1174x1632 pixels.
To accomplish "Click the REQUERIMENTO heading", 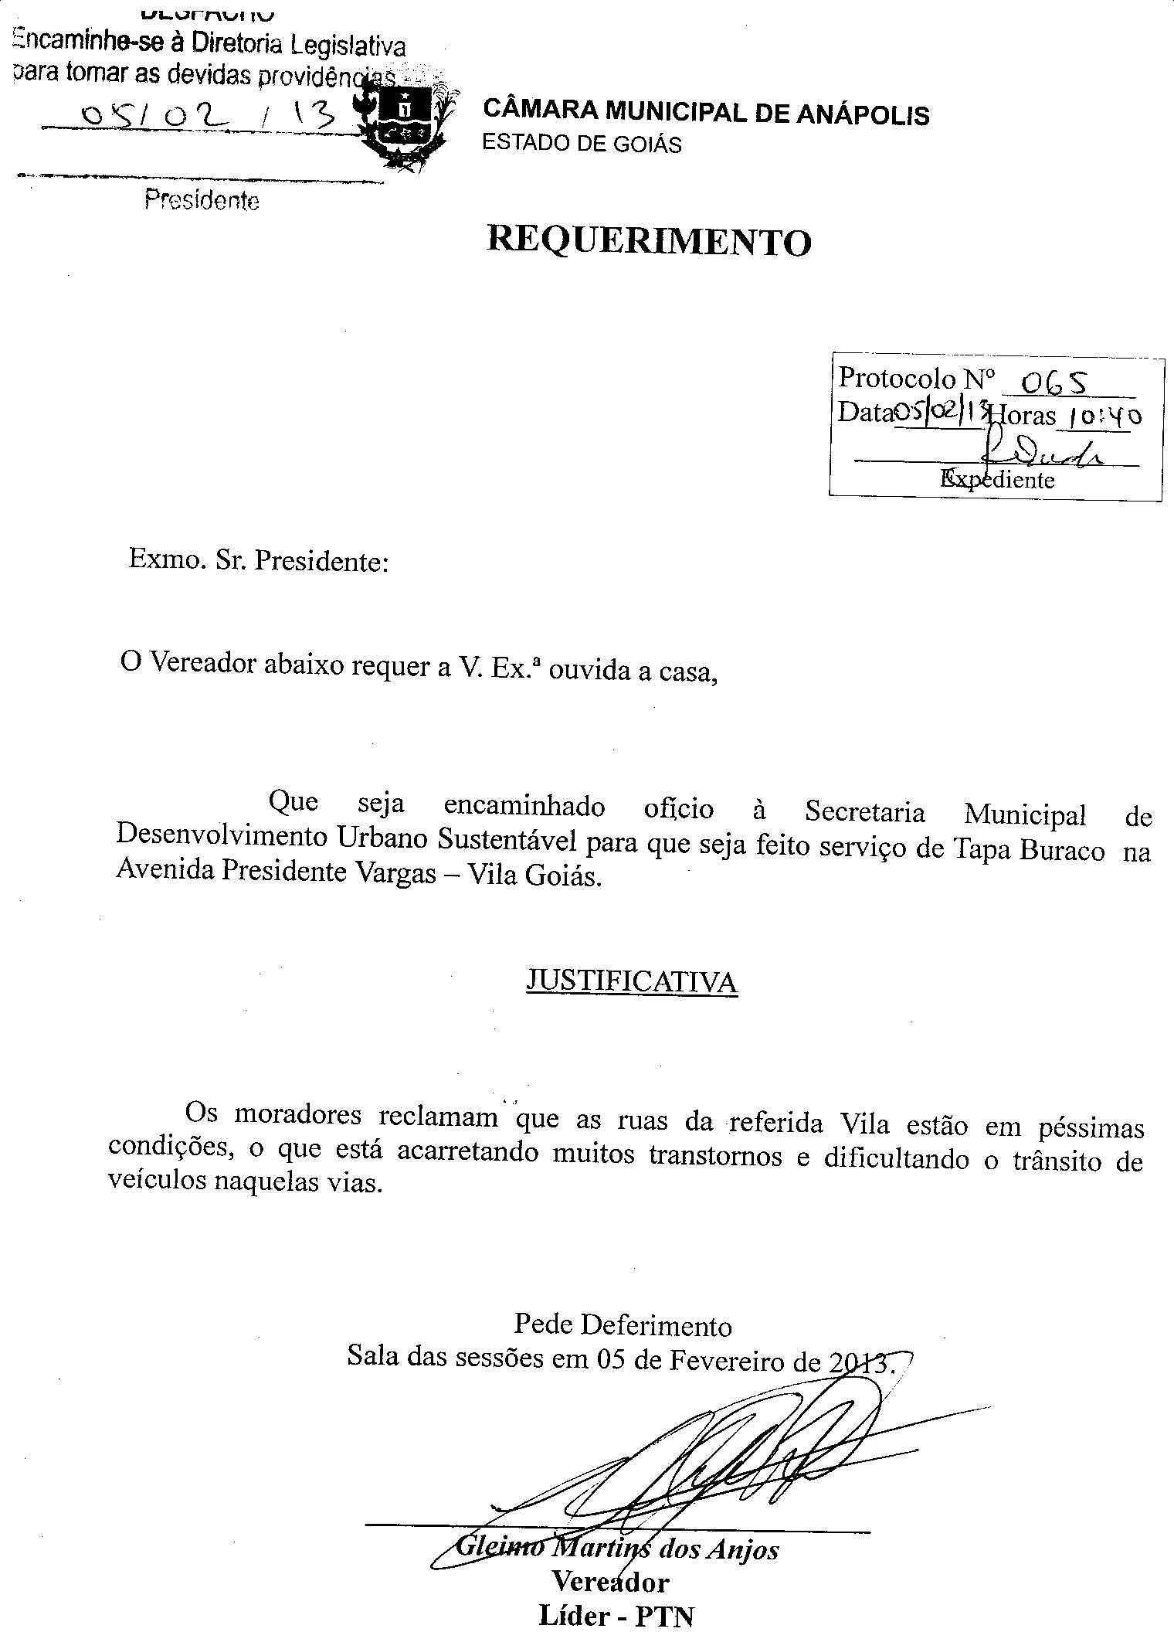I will point(649,241).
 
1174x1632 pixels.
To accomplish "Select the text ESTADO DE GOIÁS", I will point(582,144).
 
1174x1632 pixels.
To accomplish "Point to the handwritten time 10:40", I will point(1103,417).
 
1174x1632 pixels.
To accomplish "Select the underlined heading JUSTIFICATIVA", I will point(631,981).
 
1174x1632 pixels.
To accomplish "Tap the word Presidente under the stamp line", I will point(202,201).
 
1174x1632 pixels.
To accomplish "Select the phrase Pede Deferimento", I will point(623,1325).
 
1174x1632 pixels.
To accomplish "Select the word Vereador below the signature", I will point(610,1581).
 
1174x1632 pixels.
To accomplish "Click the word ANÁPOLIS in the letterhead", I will point(863,114).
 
